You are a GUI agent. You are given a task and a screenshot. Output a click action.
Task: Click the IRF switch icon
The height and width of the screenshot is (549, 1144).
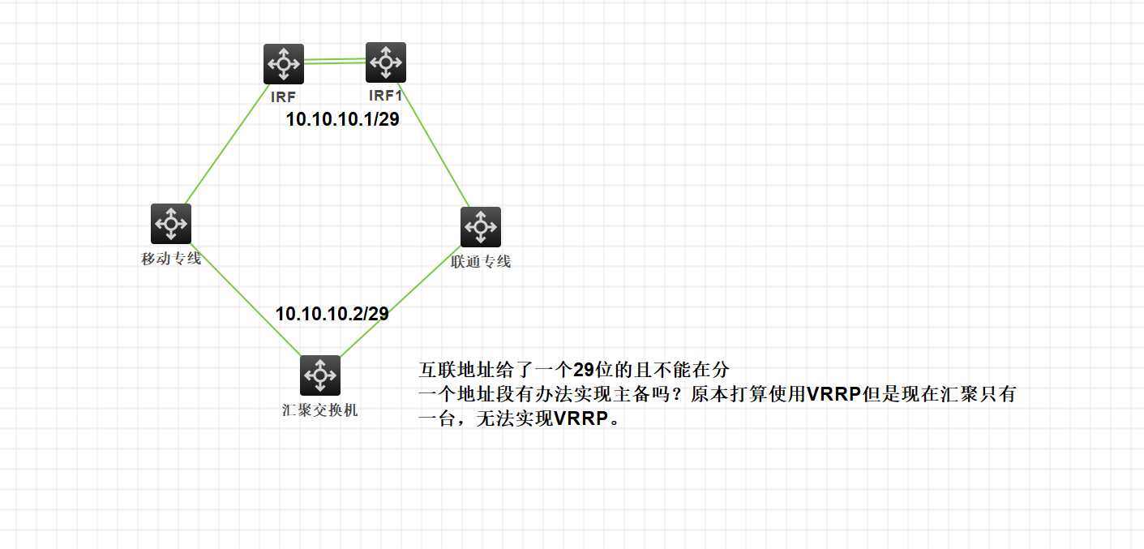284,64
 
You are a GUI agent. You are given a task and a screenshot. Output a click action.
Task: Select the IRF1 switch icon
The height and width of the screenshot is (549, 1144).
386,62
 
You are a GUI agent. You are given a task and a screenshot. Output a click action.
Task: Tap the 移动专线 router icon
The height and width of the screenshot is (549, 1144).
171,223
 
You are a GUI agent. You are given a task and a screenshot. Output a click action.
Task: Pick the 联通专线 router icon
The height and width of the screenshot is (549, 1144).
481,226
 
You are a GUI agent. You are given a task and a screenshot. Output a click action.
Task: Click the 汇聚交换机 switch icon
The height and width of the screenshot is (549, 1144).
320,375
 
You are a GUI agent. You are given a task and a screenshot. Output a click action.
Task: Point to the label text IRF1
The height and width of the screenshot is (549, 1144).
385,96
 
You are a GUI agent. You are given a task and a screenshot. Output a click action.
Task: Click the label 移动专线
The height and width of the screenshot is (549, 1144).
171,259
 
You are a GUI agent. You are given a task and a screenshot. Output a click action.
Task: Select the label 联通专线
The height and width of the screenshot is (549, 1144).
481,262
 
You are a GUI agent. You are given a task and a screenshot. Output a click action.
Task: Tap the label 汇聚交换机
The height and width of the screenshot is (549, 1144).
320,410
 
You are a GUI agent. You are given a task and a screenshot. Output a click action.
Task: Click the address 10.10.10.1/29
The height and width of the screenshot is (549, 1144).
342,120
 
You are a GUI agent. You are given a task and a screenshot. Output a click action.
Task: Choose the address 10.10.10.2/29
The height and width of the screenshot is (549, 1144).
332,314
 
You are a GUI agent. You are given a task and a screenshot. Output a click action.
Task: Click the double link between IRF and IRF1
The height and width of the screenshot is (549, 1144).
335,59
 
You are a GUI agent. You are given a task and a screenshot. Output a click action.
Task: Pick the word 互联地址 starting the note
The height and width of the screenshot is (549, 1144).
446,371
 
